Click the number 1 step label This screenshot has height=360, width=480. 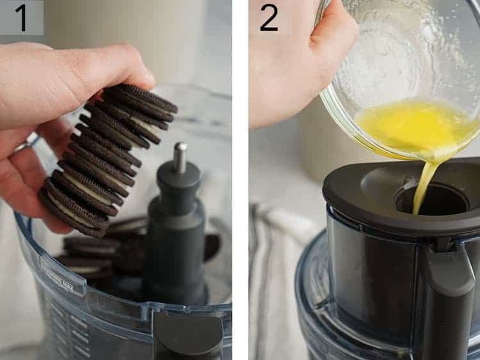(x=21, y=17)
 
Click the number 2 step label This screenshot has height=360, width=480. (x=269, y=17)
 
